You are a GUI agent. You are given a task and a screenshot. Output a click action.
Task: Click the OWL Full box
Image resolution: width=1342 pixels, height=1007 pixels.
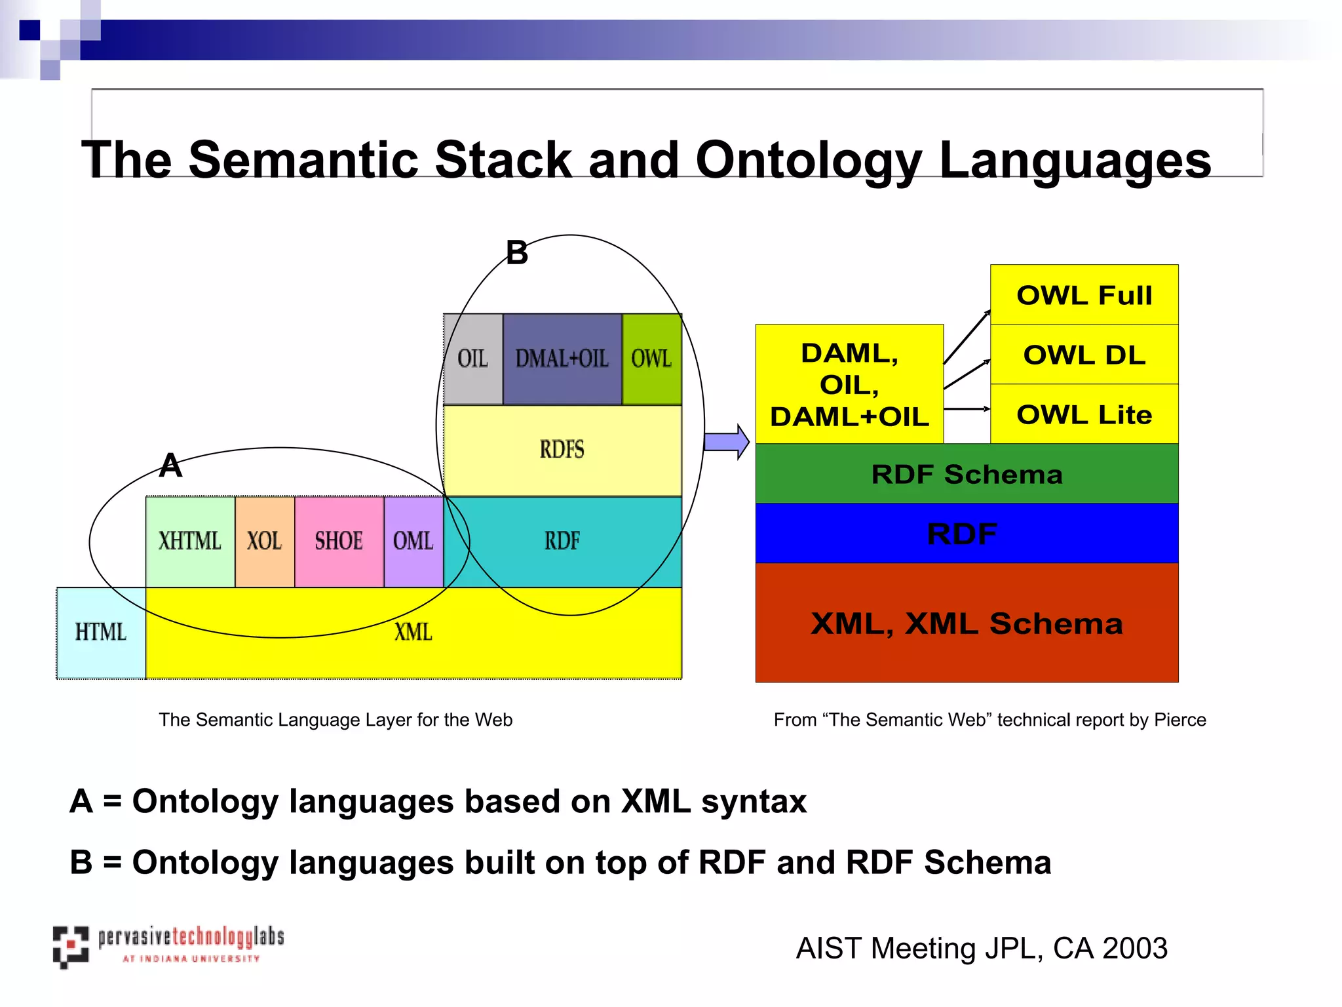pos(1084,295)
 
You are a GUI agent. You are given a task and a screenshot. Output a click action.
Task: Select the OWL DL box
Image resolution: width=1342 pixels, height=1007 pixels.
pos(1084,355)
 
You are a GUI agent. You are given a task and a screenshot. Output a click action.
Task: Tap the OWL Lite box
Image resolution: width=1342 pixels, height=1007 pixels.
pos(1084,414)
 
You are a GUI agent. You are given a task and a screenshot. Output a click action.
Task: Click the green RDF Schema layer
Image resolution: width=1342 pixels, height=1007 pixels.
pos(967,474)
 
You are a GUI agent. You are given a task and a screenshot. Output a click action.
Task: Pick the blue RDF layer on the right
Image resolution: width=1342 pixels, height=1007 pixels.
pos(967,534)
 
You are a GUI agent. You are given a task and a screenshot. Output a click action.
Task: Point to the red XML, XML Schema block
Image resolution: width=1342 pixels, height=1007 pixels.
pos(967,623)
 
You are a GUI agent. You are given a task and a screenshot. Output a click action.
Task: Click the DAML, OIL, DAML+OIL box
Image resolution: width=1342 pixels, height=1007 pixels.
pos(849,384)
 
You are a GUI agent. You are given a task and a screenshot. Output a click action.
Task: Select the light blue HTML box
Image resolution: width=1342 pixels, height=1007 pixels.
pos(101,633)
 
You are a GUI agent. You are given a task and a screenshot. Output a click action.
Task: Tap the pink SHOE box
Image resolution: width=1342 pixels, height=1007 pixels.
pos(339,542)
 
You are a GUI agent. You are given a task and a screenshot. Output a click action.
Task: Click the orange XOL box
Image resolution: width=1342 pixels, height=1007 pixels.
pos(265,542)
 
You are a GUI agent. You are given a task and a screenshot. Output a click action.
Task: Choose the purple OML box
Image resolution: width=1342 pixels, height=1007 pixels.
pos(413,542)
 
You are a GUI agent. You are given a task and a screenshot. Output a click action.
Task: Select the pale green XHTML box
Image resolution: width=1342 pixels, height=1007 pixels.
pos(190,542)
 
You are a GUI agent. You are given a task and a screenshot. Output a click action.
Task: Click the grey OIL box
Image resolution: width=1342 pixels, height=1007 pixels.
pos(473,359)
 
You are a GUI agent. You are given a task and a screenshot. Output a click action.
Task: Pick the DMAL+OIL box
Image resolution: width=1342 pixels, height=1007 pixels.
pos(562,359)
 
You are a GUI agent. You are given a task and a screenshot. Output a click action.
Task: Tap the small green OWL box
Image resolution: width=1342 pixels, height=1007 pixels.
pos(652,359)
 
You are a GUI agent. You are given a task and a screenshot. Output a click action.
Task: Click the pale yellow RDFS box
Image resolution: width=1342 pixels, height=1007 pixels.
pos(562,450)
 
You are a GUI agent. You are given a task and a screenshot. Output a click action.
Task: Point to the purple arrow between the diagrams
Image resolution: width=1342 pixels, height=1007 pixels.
pos(726,442)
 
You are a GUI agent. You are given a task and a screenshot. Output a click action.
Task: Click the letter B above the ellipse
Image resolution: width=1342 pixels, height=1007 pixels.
pos(517,253)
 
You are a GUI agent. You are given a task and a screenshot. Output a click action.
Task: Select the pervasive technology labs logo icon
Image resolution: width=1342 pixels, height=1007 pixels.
pos(71,947)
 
